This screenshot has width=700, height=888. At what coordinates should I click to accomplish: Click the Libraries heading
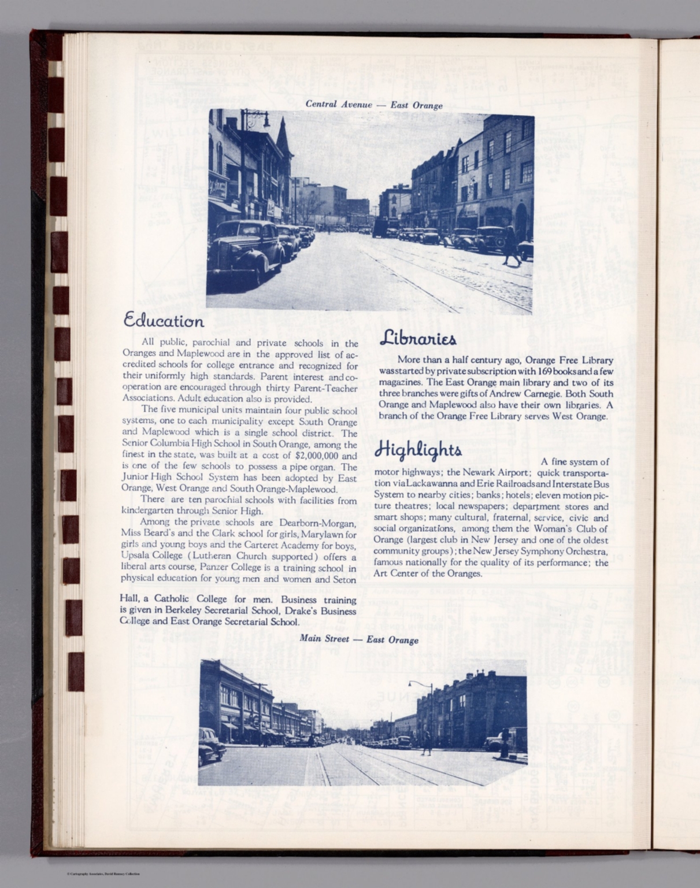[418, 339]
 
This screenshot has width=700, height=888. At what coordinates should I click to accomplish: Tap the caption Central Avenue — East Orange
[374, 105]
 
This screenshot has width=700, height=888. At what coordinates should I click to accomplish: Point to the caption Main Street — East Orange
[359, 639]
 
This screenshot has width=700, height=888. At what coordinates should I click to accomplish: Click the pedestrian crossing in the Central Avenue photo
[511, 246]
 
